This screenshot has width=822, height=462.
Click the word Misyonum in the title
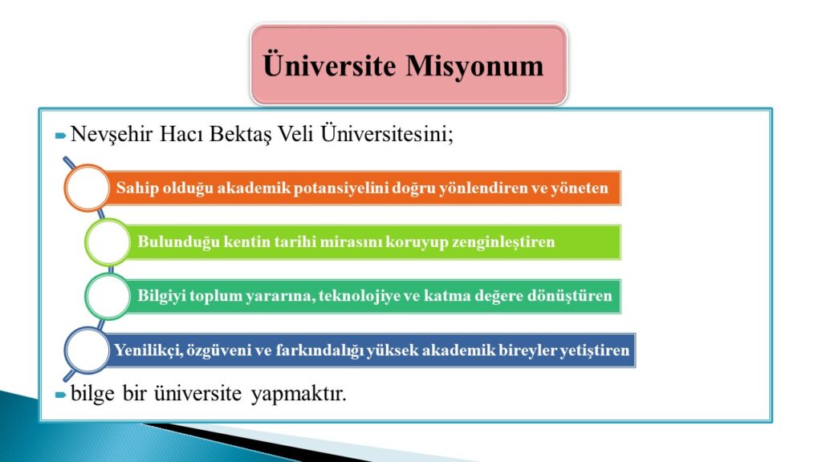[474, 67]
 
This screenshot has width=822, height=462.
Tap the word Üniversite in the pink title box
[329, 64]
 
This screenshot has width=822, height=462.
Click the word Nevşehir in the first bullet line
[111, 135]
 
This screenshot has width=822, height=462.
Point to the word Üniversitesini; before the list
[387, 133]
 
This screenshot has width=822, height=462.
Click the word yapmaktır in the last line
[299, 394]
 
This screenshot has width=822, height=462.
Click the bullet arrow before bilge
[61, 395]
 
